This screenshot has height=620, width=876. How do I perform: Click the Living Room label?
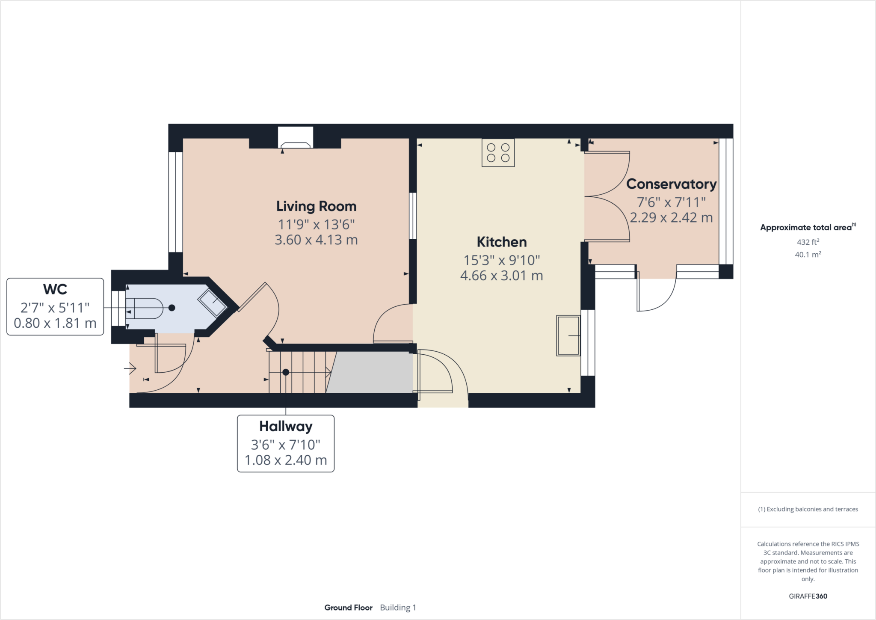[316, 206]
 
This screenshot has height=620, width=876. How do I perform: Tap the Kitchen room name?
[501, 242]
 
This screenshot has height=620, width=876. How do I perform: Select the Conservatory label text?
[671, 184]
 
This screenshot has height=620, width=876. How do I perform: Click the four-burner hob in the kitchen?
[498, 153]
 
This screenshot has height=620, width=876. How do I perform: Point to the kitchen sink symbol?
[568, 336]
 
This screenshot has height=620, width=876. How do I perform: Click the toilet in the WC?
[145, 308]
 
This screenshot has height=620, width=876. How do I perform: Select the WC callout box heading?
[55, 289]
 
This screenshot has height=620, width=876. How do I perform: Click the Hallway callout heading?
[286, 426]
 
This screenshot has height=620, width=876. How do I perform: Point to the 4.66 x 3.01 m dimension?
[501, 276]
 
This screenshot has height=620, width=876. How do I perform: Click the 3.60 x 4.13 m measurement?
[316, 240]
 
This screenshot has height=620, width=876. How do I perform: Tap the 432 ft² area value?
[808, 242]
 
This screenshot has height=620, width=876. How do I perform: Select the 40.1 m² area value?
[808, 255]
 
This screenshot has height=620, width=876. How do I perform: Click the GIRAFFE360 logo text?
[808, 596]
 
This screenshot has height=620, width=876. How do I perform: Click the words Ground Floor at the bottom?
[348, 608]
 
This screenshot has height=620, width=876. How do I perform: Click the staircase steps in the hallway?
[299, 372]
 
